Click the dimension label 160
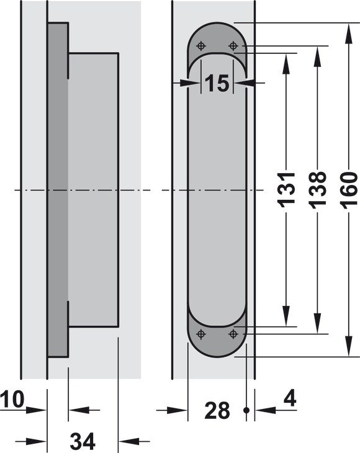(349, 190)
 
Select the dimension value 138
(318, 190)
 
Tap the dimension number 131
(286, 190)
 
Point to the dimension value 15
(217, 83)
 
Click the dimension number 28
(217, 410)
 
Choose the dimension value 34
(83, 441)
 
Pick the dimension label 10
(12, 400)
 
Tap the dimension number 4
(290, 399)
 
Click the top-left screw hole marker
(201, 46)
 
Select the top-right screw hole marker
(233, 46)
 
